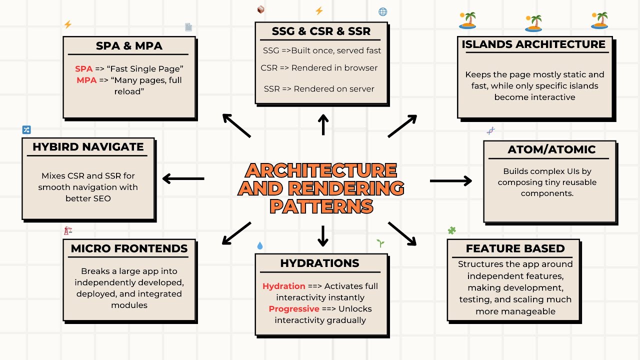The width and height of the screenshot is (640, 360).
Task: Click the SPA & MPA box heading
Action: click(x=129, y=46)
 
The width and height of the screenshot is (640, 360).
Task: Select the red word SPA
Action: click(x=84, y=69)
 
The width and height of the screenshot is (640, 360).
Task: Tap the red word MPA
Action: click(x=86, y=80)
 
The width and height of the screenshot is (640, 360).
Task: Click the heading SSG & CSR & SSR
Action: click(x=321, y=31)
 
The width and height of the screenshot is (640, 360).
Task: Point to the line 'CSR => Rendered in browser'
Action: click(x=319, y=68)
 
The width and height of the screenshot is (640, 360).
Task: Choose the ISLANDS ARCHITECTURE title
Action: click(x=533, y=44)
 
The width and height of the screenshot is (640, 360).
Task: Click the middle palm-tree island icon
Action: click(x=533, y=23)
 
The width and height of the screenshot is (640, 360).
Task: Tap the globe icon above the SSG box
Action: click(x=383, y=11)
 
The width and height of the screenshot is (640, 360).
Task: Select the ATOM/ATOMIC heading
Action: click(x=551, y=149)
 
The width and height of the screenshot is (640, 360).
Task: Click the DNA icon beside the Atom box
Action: click(x=491, y=131)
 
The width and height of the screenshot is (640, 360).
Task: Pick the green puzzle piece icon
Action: click(x=452, y=230)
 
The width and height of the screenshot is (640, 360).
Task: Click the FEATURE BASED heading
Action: click(x=515, y=248)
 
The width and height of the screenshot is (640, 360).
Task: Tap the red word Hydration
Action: click(x=284, y=286)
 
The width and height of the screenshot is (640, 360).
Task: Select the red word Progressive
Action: click(x=294, y=308)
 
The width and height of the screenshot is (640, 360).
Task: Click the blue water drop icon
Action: click(x=259, y=245)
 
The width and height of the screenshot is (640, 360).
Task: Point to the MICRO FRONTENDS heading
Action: click(x=129, y=248)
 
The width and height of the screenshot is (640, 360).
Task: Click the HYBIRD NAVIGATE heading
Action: click(x=88, y=147)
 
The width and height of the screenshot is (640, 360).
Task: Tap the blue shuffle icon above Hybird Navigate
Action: click(x=26, y=130)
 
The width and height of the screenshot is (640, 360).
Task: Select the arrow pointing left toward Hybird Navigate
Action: click(x=183, y=178)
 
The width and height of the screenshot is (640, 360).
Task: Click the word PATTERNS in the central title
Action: click(x=321, y=206)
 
